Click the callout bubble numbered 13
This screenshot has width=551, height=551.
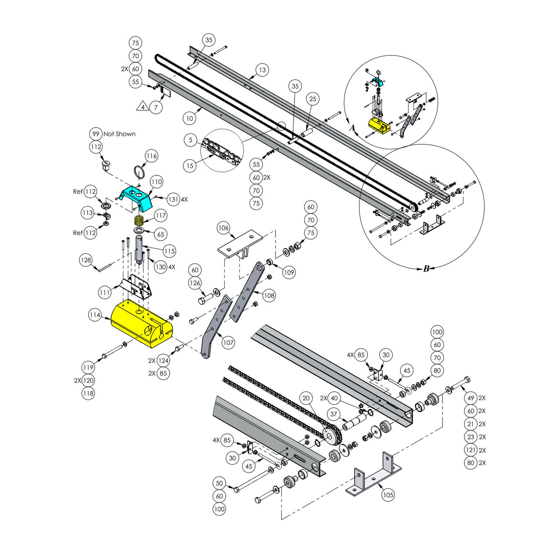click(262, 70)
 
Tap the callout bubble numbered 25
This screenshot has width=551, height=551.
click(312, 99)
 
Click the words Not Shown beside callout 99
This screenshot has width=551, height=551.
click(119, 134)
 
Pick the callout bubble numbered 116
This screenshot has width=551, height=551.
click(152, 156)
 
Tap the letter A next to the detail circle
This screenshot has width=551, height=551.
click(352, 128)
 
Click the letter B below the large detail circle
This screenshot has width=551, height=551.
click(426, 269)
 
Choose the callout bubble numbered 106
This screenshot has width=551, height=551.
click(223, 228)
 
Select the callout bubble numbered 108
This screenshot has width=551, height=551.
click(269, 295)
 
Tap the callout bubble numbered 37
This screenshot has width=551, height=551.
click(334, 414)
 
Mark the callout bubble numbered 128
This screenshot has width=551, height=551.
click(86, 260)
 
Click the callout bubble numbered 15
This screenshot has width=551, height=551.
click(190, 166)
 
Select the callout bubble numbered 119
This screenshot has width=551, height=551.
click(88, 367)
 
